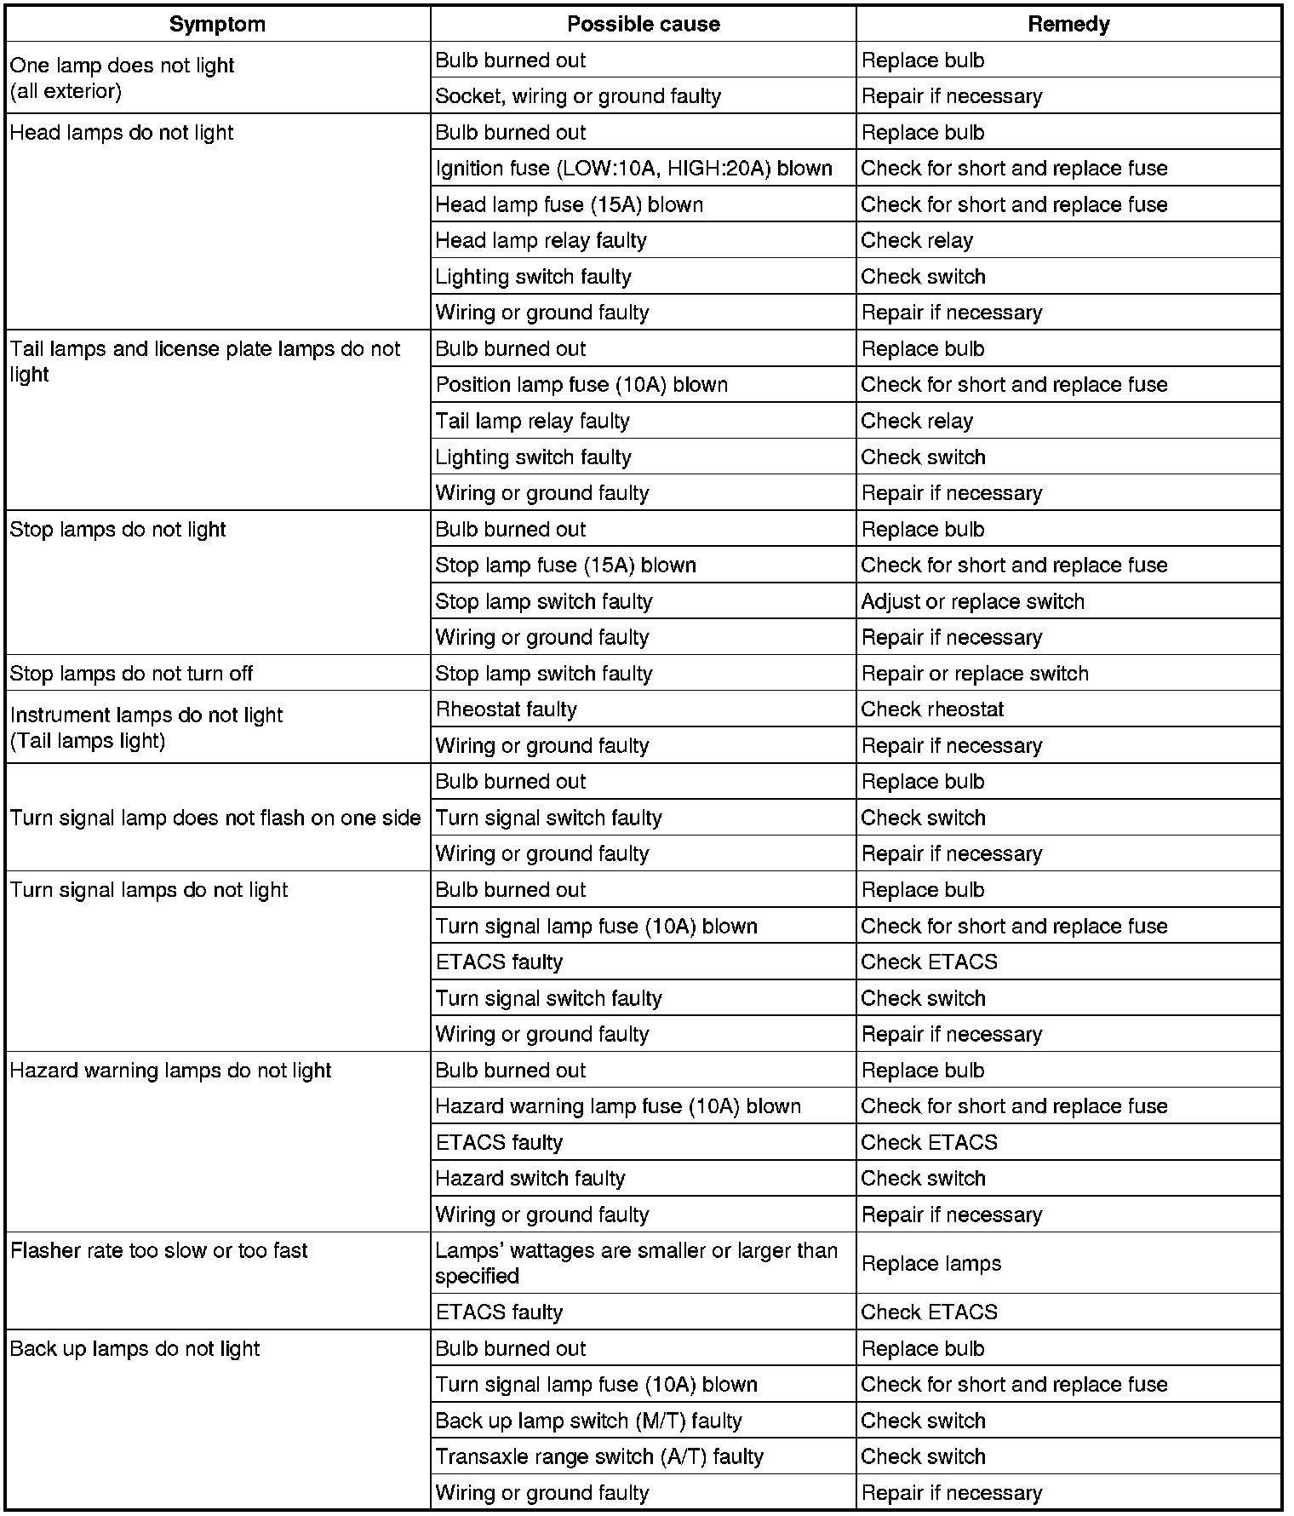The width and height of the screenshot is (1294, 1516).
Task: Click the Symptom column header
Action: coord(217,24)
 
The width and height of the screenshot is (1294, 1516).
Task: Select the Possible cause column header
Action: coord(643,24)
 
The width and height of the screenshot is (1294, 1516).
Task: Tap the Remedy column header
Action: coord(1068,24)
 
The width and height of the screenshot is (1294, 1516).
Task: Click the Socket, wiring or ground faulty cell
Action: coord(578,96)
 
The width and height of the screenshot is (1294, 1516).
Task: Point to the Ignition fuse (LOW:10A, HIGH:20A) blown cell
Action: coord(633,169)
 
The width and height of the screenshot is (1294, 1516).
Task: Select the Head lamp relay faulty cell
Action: coord(541,241)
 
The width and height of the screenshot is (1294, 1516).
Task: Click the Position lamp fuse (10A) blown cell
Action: coord(581,385)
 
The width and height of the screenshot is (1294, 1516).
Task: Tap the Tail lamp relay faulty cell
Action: coord(532,421)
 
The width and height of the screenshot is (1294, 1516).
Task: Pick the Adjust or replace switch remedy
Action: coord(972,601)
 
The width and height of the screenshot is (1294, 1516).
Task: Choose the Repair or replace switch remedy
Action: coord(975,674)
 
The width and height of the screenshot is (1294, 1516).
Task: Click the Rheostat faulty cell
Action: coord(506,709)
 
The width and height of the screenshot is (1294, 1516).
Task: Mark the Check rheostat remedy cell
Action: coord(932,709)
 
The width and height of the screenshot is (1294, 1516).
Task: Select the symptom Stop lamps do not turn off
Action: coord(131,674)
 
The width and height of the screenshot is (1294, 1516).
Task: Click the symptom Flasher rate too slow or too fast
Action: coord(158,1251)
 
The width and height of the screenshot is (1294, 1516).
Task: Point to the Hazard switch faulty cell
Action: coord(530,1179)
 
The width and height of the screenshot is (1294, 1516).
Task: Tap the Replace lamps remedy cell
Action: coord(931,1264)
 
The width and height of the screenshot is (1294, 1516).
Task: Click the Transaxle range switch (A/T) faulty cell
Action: coord(599,1457)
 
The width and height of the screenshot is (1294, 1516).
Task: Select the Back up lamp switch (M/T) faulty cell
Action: coord(588,1421)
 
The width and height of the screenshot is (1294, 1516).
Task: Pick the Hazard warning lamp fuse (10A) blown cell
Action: coord(618,1106)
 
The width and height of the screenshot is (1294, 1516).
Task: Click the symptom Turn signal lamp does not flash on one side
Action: coord(215,818)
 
